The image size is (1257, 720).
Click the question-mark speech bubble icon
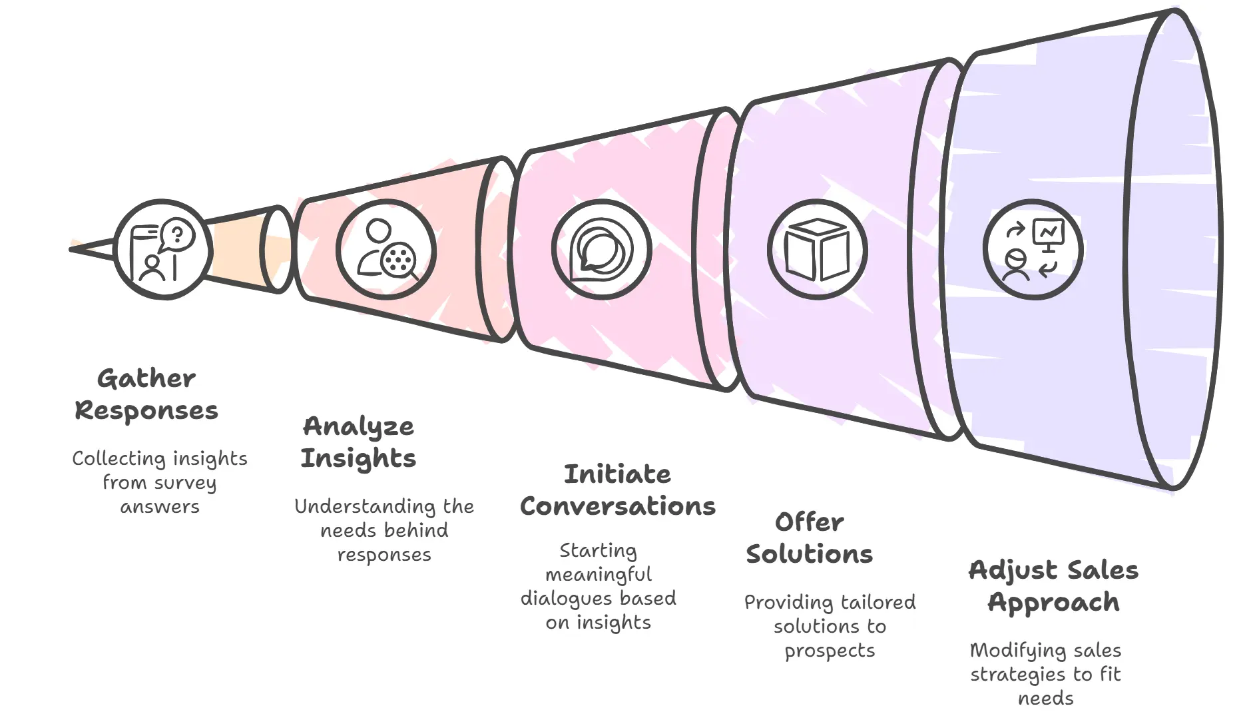[x=177, y=234]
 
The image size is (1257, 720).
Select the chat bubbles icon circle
[x=601, y=250]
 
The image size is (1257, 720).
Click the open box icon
[x=817, y=250]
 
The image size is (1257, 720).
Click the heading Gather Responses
[x=146, y=394]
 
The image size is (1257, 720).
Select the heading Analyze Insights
[x=358, y=442]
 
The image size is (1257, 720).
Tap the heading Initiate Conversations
[x=618, y=490]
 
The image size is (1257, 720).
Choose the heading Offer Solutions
[x=809, y=538]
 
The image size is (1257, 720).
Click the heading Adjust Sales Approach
[x=1053, y=586]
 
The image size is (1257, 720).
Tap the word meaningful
[x=599, y=575]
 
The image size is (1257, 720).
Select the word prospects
[x=830, y=651]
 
